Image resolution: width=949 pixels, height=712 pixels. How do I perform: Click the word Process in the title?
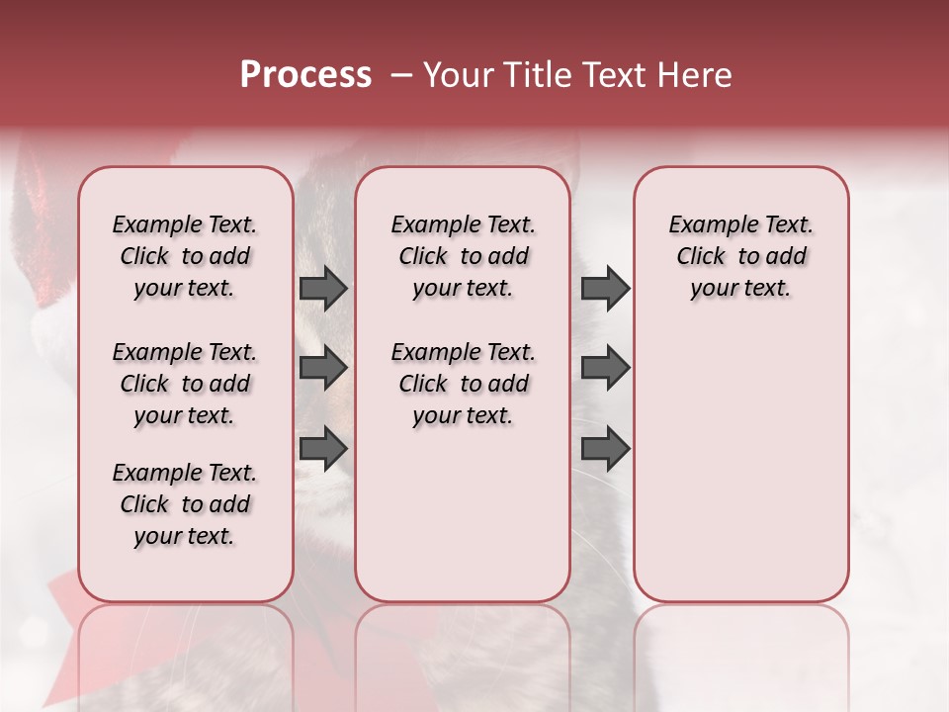[305, 75]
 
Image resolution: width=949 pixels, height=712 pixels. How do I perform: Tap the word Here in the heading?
[693, 75]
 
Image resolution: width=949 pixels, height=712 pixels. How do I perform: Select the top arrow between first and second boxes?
[323, 288]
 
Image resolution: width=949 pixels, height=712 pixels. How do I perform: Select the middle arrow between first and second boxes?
[323, 368]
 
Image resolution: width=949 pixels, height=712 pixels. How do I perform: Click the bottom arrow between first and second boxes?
[323, 448]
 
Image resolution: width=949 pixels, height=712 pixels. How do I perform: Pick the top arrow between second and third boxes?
[605, 288]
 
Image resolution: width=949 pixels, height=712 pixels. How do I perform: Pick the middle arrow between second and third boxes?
[605, 368]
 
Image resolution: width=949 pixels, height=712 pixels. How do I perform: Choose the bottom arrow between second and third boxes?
[605, 448]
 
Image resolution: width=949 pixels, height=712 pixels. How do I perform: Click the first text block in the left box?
[185, 256]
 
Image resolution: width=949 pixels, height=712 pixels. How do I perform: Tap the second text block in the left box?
[185, 384]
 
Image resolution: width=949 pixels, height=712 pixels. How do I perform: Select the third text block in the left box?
[185, 504]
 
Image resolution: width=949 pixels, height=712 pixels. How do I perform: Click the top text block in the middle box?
[463, 256]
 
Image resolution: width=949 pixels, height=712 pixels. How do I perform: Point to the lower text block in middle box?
[463, 384]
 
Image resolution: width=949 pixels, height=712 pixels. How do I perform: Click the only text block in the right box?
[741, 256]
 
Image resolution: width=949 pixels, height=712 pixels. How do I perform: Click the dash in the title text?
[401, 76]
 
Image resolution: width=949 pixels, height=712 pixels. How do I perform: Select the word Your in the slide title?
[459, 75]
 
